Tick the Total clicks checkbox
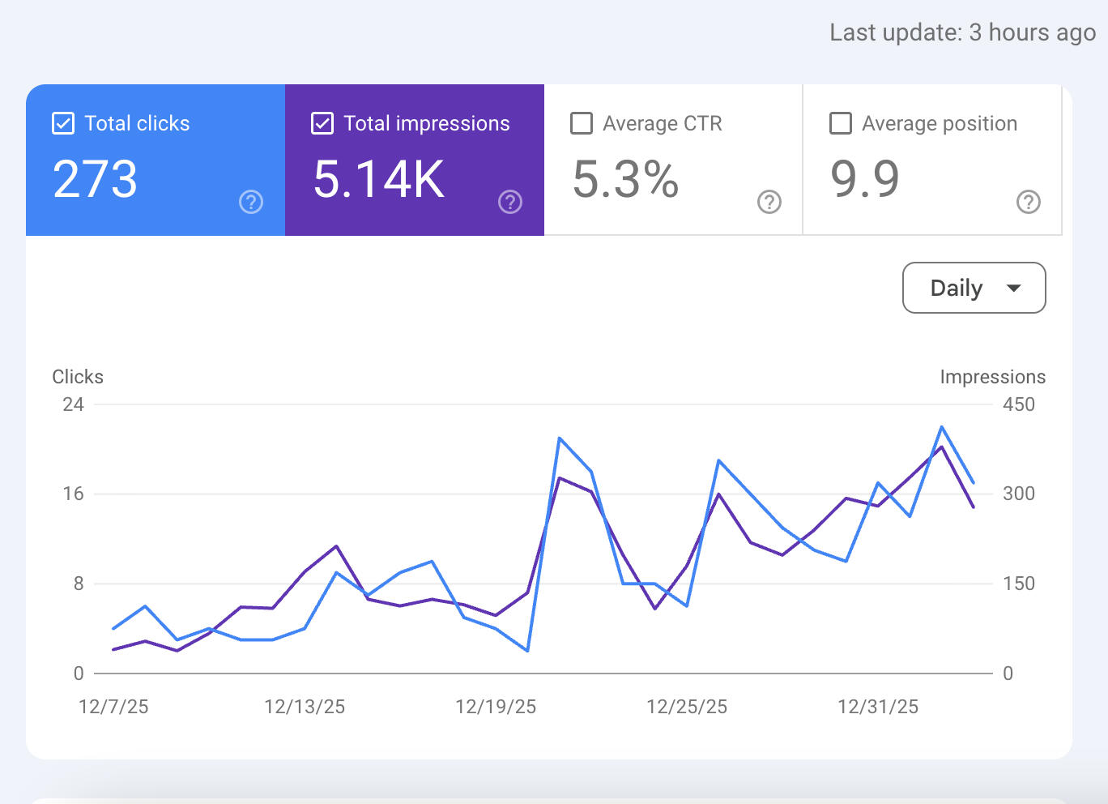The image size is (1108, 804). click(63, 123)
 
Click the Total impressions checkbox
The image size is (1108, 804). click(322, 123)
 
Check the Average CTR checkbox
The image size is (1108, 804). click(582, 123)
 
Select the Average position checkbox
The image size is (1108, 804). click(841, 123)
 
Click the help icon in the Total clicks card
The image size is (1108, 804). click(251, 202)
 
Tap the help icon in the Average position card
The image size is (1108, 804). click(1029, 202)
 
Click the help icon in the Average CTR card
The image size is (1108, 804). click(769, 202)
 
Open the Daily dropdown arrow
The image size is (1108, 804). click(1013, 289)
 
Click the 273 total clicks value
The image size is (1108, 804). click(95, 179)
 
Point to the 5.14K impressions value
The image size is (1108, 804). click(379, 179)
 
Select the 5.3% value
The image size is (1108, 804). click(625, 179)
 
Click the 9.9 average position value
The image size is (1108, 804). click(865, 179)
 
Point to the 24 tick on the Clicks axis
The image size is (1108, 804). click(74, 404)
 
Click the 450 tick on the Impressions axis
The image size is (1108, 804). click(1019, 404)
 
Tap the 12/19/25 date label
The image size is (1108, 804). click(496, 707)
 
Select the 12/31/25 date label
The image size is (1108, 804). click(878, 707)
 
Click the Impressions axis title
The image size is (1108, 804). click(992, 377)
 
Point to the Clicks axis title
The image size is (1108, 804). click(78, 377)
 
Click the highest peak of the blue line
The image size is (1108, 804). click(941, 426)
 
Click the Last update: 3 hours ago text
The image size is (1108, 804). click(962, 32)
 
